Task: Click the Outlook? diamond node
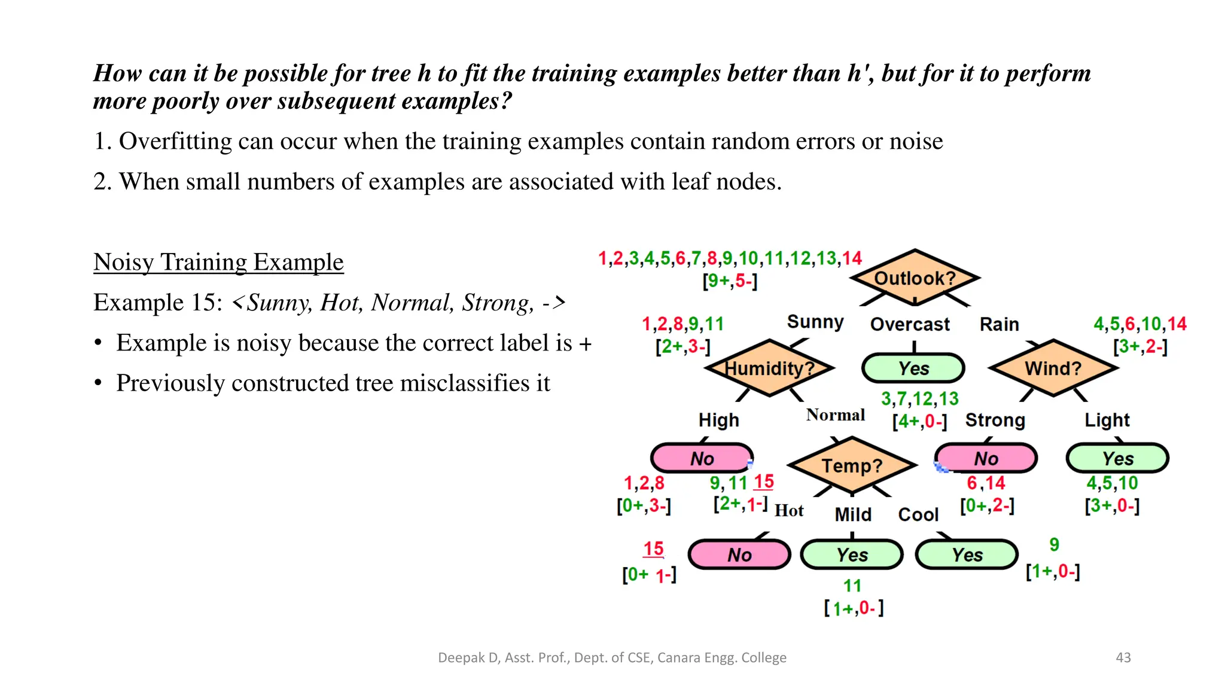click(x=915, y=278)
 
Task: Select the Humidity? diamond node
click(x=769, y=368)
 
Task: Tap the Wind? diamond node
click(x=1053, y=368)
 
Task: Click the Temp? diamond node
click(x=852, y=465)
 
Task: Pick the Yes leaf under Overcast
click(x=913, y=368)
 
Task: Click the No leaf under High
click(x=702, y=459)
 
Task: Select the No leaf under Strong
click(x=986, y=459)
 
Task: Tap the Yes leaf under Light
click(x=1117, y=459)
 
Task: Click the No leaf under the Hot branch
click(x=739, y=555)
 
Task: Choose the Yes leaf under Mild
click(x=852, y=555)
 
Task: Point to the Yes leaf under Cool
click(x=967, y=555)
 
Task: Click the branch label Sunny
click(x=815, y=322)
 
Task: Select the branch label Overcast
click(x=909, y=324)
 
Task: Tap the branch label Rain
click(x=999, y=324)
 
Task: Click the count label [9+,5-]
click(x=730, y=281)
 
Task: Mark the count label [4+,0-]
click(x=919, y=422)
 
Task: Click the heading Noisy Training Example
click(x=218, y=262)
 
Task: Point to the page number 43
click(x=1123, y=657)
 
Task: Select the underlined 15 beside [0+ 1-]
click(x=653, y=548)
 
